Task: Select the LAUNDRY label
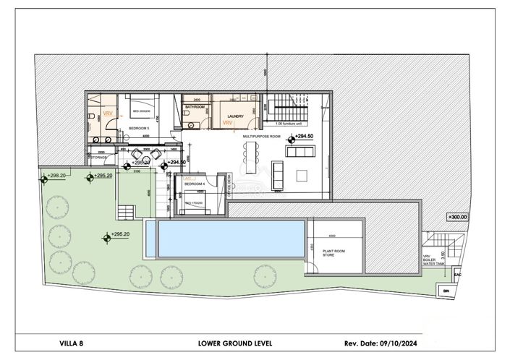235,116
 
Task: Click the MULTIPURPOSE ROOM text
261,136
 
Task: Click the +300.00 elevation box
457,216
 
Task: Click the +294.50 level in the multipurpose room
305,136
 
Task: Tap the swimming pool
226,239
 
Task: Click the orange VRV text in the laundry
228,124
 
